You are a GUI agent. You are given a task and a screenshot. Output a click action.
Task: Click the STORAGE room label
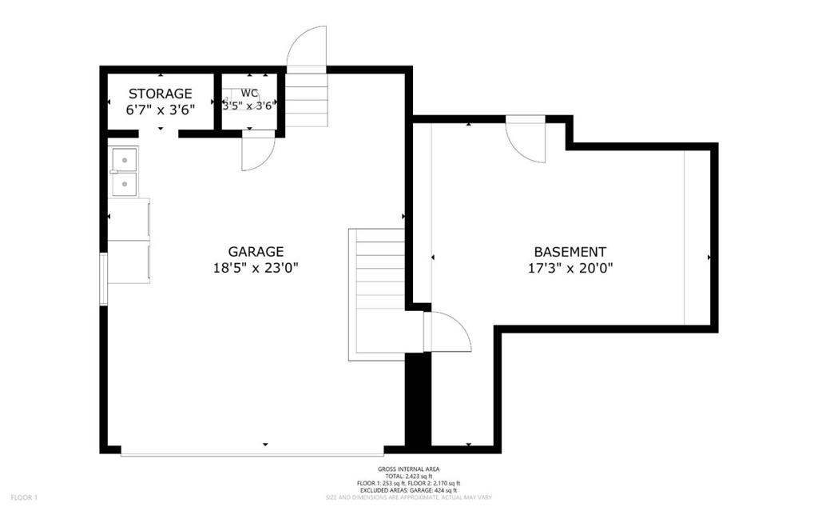click(x=160, y=94)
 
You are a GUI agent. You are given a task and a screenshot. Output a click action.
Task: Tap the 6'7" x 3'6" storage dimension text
click(x=160, y=110)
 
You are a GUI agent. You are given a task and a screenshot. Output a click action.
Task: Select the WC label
click(x=249, y=93)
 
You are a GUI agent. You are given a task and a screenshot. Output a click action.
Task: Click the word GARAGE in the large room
click(x=256, y=251)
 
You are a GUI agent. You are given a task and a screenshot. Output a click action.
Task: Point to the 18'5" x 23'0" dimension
click(x=256, y=269)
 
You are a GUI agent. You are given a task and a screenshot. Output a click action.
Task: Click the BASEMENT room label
click(x=570, y=251)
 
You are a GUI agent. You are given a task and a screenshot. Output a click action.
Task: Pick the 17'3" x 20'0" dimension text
click(x=570, y=269)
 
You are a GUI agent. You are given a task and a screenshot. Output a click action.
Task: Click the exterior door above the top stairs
click(x=308, y=48)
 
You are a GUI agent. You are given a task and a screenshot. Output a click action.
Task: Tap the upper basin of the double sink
click(x=124, y=161)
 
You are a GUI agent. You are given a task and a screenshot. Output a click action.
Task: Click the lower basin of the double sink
click(x=124, y=185)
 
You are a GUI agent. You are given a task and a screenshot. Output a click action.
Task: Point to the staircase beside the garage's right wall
click(x=376, y=292)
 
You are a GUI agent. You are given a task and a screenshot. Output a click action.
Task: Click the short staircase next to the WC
click(x=307, y=100)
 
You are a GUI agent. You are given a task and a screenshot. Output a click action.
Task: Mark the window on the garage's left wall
click(x=103, y=278)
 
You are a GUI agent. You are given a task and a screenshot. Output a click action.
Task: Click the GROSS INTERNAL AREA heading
click(x=408, y=469)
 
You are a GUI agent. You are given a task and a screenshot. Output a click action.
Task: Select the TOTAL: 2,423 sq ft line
click(x=408, y=476)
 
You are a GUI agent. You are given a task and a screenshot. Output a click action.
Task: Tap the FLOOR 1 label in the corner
click(x=23, y=497)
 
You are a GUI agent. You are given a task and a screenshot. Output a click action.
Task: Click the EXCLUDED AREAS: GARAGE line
click(x=408, y=490)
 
